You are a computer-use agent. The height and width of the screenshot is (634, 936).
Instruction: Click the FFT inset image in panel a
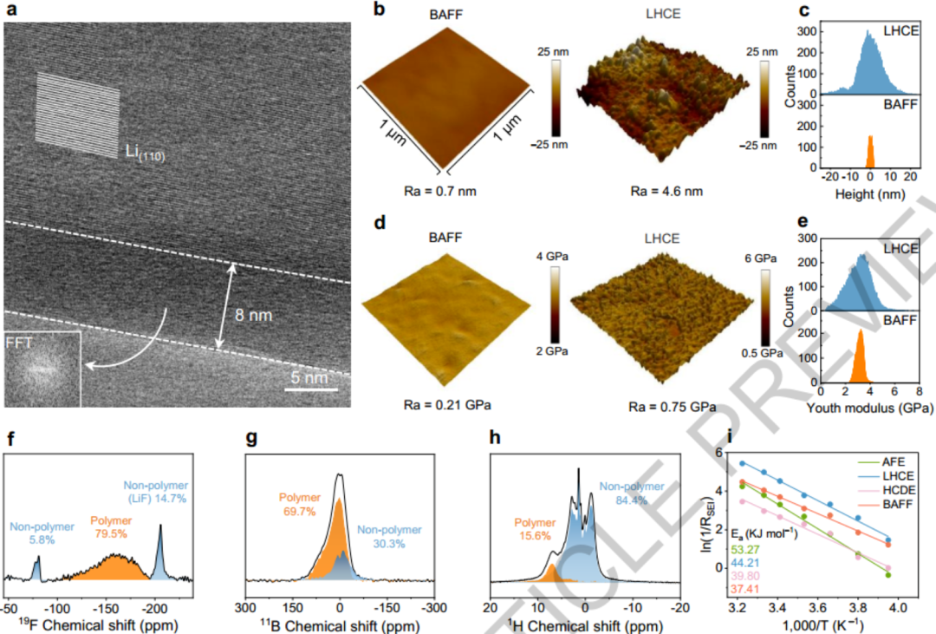click(x=42, y=368)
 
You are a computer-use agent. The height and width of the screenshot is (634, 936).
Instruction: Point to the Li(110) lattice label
click(x=145, y=154)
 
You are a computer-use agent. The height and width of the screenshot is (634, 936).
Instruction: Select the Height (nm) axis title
click(x=866, y=197)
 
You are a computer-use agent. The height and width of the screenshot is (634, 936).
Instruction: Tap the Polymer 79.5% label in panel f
click(x=110, y=526)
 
